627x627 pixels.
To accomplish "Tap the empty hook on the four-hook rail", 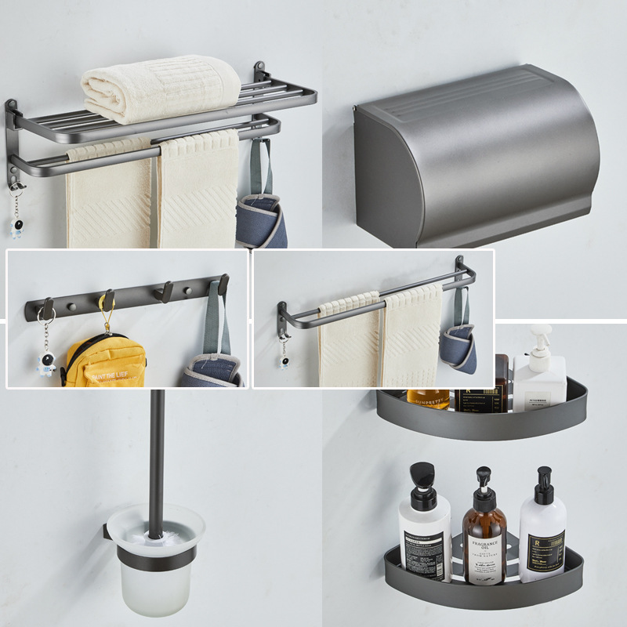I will (x=164, y=292).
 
